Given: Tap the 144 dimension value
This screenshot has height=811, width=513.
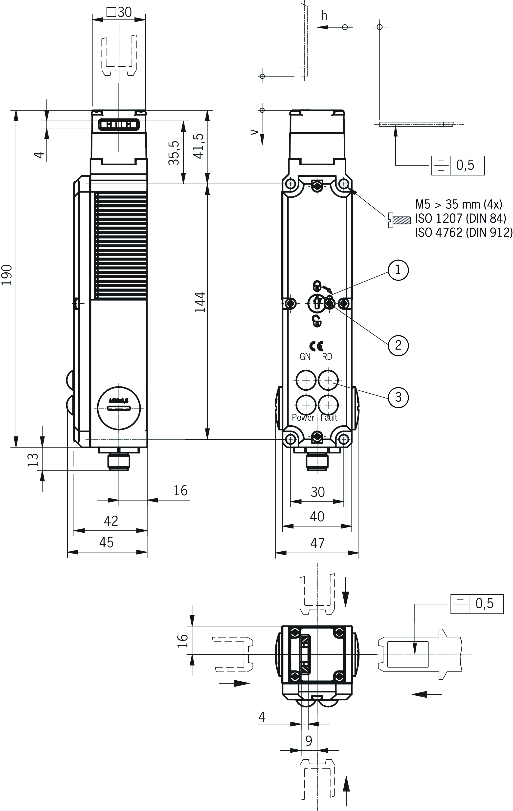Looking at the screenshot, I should [201, 302].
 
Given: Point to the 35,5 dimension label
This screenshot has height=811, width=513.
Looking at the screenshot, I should [174, 153].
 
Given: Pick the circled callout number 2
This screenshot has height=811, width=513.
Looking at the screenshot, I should [398, 345].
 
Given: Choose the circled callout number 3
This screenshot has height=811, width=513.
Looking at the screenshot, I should [398, 397].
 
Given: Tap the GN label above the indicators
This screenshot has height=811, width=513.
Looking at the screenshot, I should [305, 357].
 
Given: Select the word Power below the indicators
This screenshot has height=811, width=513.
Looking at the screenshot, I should [303, 418].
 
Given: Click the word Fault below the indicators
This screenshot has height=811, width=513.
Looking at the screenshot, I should [329, 418].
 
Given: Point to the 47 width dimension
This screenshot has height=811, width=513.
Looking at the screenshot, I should [317, 543].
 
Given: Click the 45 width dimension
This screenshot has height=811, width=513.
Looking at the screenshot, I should [106, 542].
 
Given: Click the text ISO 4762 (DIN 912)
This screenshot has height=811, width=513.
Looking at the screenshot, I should [464, 232].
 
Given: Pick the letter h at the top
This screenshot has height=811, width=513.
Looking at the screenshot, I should [324, 16].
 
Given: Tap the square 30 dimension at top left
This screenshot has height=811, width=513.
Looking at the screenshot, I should [119, 12].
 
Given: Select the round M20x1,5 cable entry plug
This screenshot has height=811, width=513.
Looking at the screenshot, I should [119, 408].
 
